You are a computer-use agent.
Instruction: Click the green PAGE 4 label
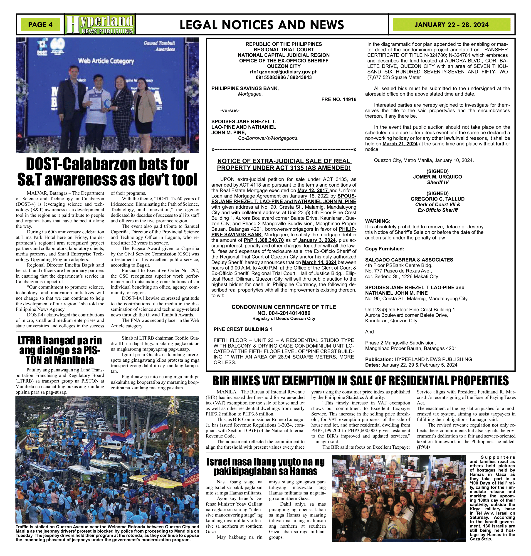[40, 25]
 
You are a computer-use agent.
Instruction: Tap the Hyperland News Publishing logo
[100, 25]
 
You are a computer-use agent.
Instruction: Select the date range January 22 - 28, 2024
[452, 25]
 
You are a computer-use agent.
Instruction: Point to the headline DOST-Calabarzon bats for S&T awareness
[107, 172]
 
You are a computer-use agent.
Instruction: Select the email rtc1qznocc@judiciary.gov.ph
[284, 72]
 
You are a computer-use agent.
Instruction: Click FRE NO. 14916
[338, 99]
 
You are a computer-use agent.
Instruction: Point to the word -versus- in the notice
[230, 110]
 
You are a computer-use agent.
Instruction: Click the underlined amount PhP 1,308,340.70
[264, 240]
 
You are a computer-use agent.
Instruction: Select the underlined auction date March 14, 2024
[319, 262]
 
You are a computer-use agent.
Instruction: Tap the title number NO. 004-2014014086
[284, 313]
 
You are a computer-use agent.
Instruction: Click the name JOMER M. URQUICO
[437, 177]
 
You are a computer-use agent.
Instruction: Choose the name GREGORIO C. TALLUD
[437, 199]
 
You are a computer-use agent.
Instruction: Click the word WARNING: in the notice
[378, 221]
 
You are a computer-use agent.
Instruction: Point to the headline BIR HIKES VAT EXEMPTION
[360, 381]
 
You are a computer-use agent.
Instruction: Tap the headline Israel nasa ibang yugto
[266, 467]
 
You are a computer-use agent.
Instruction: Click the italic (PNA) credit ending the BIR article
[423, 447]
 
